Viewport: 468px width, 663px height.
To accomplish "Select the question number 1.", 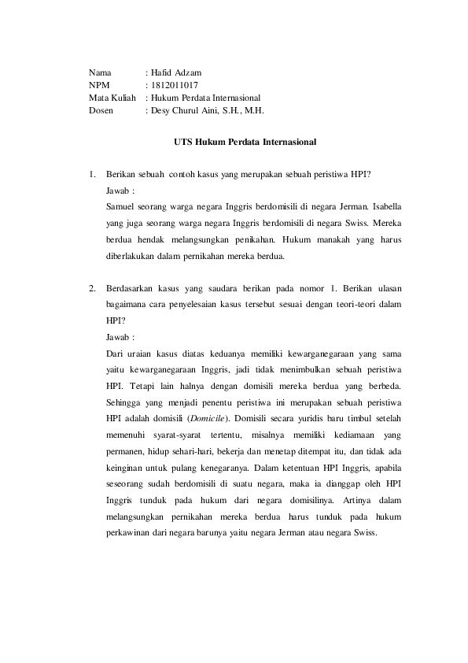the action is click(92, 174).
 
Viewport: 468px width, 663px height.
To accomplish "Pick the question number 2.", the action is click(92, 289).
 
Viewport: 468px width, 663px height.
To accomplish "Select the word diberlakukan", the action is click(131, 257).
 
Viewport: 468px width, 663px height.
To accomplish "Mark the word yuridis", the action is click(304, 417).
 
